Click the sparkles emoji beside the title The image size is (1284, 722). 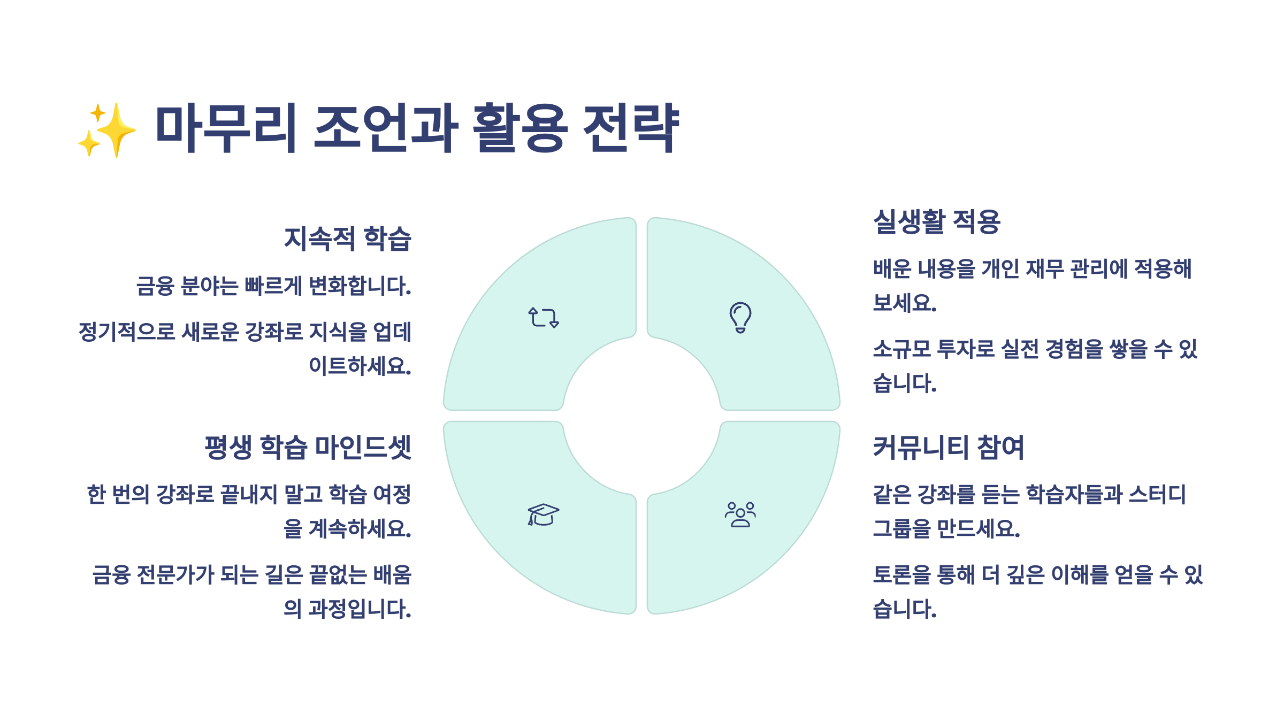(x=107, y=130)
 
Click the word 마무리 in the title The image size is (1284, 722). (x=225, y=128)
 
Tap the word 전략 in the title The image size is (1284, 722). (x=630, y=128)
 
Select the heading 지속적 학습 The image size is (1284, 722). (x=347, y=239)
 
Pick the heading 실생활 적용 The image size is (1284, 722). (x=936, y=222)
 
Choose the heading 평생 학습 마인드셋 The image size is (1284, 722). (x=308, y=447)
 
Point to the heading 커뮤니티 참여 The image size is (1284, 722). (x=948, y=447)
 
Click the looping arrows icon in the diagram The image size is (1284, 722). (x=544, y=317)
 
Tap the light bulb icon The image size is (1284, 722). (x=740, y=317)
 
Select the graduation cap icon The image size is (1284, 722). (x=543, y=515)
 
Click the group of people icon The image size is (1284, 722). (x=740, y=515)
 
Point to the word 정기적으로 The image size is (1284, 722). (x=127, y=332)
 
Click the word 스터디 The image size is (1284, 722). (x=1157, y=495)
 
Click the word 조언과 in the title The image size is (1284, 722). (x=385, y=128)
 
